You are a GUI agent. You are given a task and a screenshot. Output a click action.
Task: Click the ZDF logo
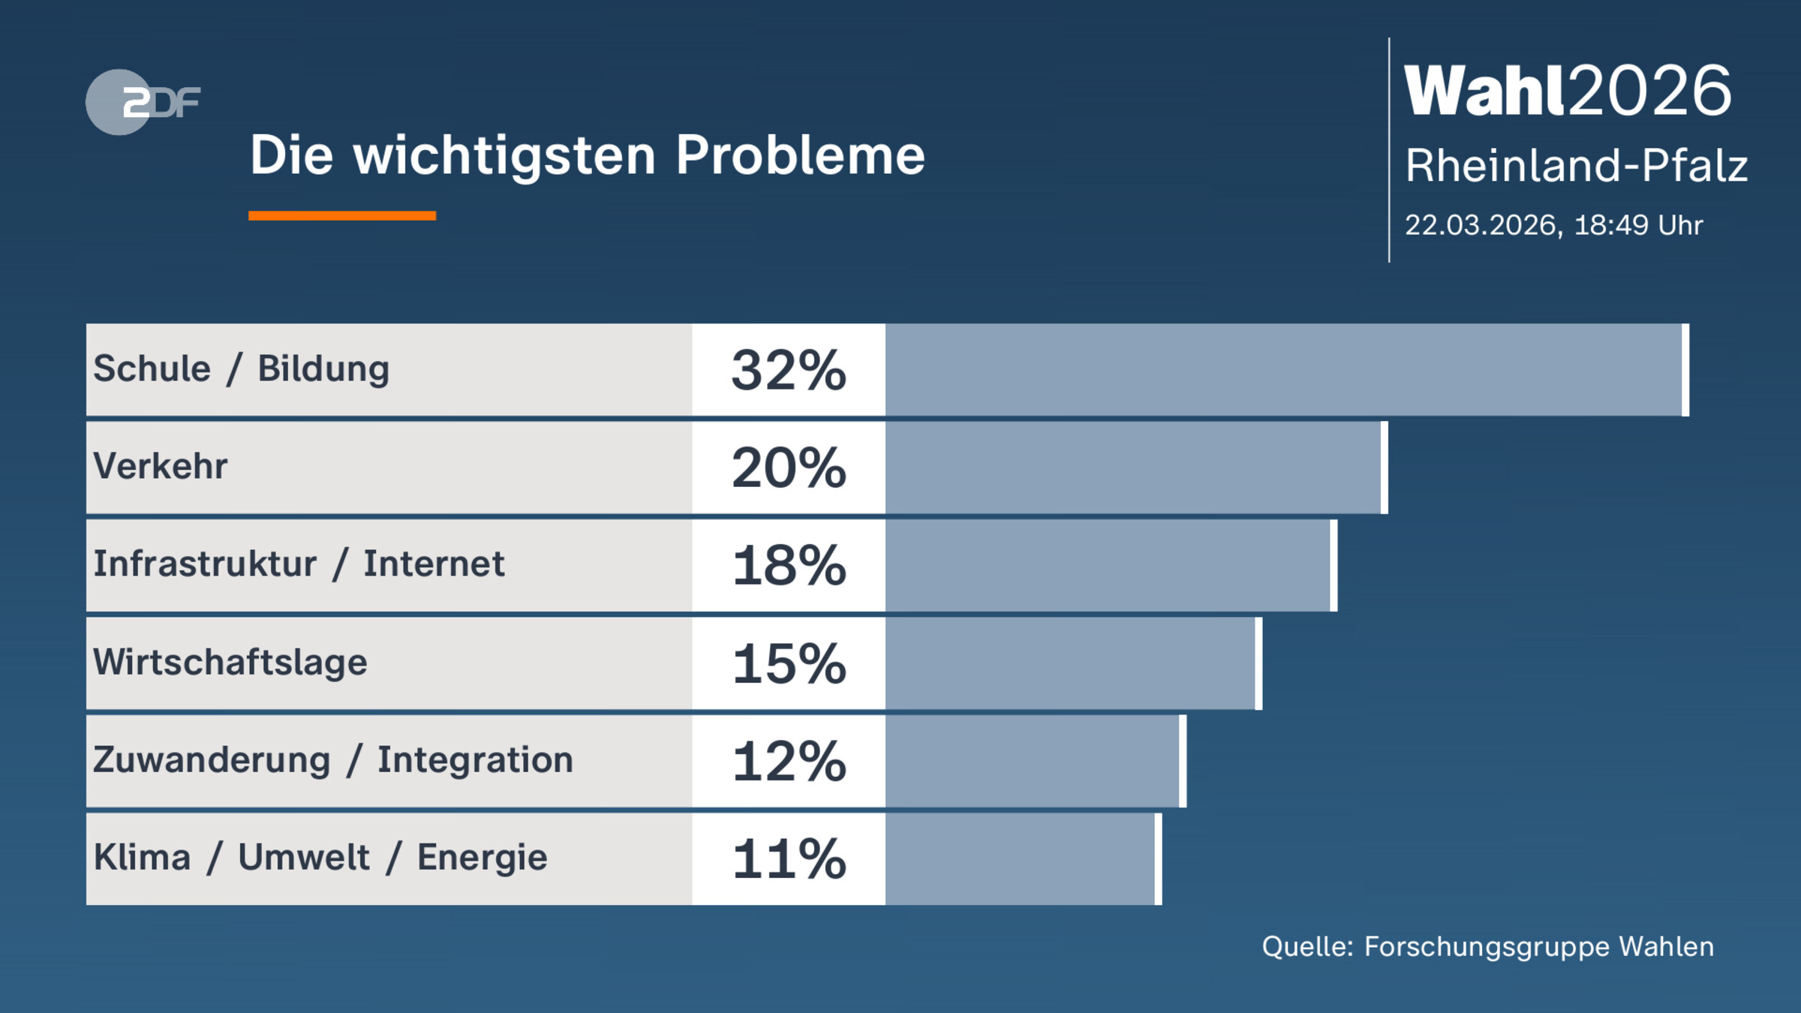(x=143, y=102)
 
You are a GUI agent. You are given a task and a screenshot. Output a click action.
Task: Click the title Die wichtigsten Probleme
(x=587, y=155)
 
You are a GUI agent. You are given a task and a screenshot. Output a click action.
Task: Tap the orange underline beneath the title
(x=342, y=216)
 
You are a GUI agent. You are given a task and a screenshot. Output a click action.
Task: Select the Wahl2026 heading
(x=1568, y=91)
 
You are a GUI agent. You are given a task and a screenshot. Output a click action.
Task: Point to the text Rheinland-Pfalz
(x=1576, y=165)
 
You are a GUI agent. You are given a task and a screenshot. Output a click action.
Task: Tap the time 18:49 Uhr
(x=1638, y=225)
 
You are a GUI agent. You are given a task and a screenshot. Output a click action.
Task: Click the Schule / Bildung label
(x=241, y=369)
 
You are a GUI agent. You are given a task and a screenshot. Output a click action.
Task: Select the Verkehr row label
(x=160, y=467)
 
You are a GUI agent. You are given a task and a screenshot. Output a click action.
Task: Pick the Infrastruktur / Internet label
(x=299, y=564)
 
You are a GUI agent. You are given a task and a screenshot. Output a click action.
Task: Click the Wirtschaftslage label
(x=230, y=663)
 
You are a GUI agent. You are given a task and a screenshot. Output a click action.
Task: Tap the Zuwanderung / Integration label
(x=333, y=760)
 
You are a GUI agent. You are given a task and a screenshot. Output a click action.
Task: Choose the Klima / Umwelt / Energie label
(x=320, y=858)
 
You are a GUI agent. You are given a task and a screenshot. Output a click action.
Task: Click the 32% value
(x=789, y=371)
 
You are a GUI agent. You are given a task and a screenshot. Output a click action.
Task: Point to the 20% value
(x=789, y=468)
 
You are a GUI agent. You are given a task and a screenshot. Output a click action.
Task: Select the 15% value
(x=789, y=664)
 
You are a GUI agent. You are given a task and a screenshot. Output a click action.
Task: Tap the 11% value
(x=789, y=859)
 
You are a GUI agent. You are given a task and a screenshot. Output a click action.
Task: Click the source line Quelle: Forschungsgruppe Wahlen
(x=1487, y=947)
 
